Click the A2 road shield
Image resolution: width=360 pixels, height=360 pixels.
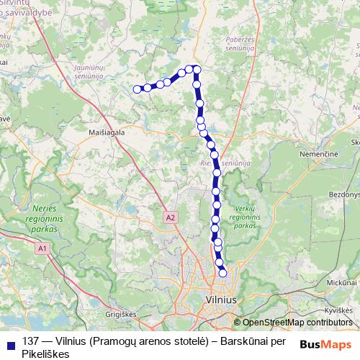[x=170, y=216]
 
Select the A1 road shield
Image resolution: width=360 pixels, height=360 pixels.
[x=43, y=248]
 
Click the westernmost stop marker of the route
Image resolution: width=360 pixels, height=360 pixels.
[x=137, y=89]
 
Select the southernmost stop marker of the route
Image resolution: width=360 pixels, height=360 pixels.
[x=222, y=273]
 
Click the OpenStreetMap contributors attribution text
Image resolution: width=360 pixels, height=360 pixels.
[x=297, y=323]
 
